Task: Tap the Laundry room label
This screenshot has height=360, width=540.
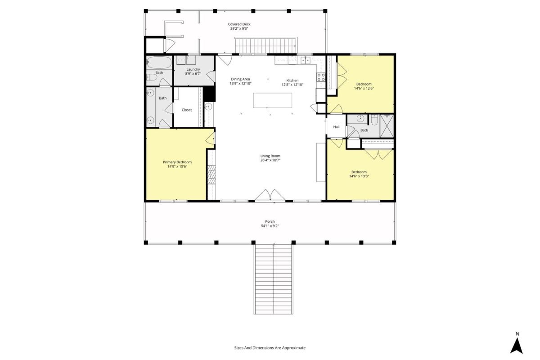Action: click(x=193, y=69)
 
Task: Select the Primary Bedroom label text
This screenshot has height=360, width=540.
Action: click(x=177, y=162)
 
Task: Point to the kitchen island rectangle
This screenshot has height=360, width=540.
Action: click(x=272, y=100)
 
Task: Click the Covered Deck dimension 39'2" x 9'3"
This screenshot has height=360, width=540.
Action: click(x=239, y=28)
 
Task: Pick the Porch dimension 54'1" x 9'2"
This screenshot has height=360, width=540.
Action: click(x=270, y=226)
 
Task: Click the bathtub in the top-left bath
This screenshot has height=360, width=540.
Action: click(x=159, y=63)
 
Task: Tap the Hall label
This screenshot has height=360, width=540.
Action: click(x=336, y=127)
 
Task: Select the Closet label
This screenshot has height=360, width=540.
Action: click(x=187, y=110)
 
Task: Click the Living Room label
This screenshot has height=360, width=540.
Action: click(x=270, y=156)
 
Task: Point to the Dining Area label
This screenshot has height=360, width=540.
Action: click(x=240, y=79)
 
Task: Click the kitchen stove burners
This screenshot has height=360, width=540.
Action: click(x=321, y=77)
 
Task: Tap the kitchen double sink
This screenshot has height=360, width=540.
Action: click(x=305, y=60)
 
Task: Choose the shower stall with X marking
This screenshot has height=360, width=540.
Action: click(x=387, y=126)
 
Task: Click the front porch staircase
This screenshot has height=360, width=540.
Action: click(x=274, y=279)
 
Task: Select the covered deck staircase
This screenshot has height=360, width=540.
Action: click(x=266, y=45)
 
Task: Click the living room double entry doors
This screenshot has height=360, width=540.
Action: click(x=270, y=195)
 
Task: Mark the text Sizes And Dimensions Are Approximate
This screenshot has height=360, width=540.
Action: click(x=270, y=348)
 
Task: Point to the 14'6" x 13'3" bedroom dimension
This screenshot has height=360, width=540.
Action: click(x=359, y=176)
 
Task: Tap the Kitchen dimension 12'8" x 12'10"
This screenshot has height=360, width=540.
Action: click(x=292, y=85)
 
